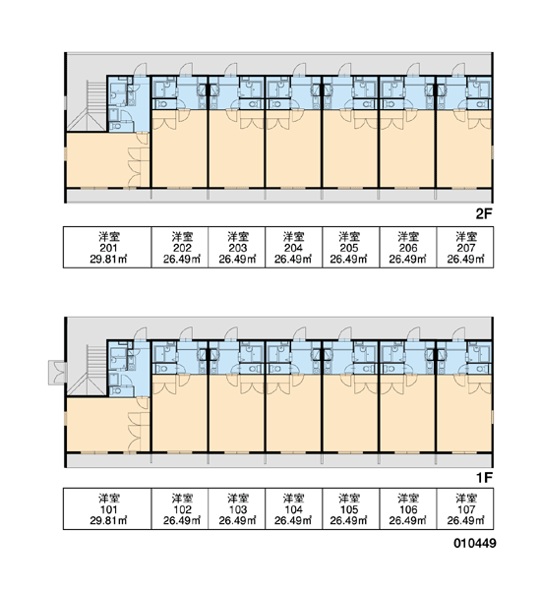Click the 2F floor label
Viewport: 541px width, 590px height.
pos(484,214)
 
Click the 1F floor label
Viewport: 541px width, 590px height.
pos(484,478)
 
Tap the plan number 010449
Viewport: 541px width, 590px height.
pos(475,543)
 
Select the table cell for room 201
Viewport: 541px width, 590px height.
pos(107,247)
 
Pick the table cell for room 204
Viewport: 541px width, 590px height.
pos(294,247)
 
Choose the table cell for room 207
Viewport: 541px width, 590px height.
pos(465,247)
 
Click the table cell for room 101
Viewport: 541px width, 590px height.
pos(107,508)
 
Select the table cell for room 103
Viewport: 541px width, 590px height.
pos(237,508)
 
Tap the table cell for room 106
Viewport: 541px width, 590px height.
pos(408,508)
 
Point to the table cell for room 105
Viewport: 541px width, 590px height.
pos(351,508)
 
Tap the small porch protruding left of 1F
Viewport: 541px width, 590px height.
pos(58,373)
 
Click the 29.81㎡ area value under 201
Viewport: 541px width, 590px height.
pos(108,260)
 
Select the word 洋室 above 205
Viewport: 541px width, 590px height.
pos(349,237)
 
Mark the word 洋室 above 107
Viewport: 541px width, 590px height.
pos(466,499)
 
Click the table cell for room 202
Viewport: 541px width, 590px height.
pos(180,247)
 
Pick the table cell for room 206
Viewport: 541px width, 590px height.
pos(408,247)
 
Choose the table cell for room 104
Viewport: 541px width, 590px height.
pos(294,508)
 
